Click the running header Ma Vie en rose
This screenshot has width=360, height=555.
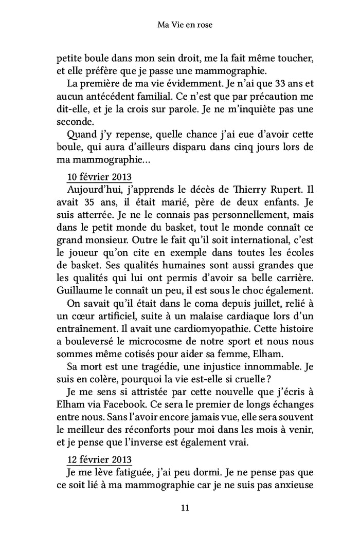coord(179,24)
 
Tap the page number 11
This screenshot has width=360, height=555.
coord(179,508)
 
